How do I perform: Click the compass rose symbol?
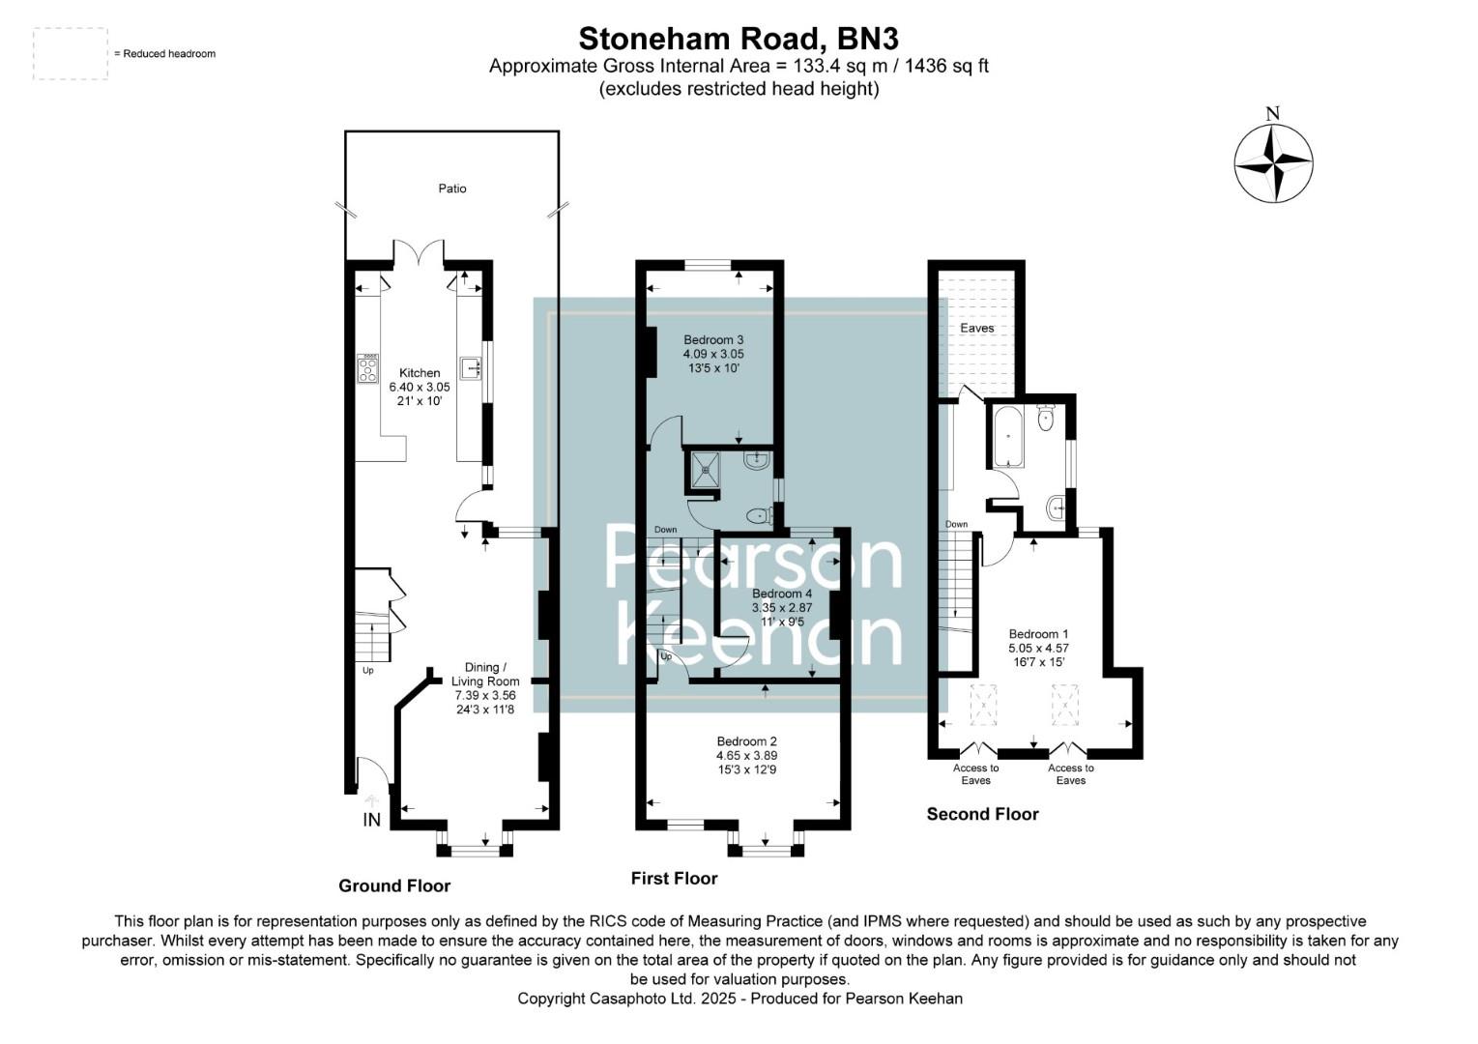(x=1273, y=163)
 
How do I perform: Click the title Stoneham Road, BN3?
(x=739, y=39)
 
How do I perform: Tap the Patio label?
(x=452, y=188)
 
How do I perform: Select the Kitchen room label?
(x=420, y=373)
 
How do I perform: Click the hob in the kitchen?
(x=368, y=368)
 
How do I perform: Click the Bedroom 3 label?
(x=713, y=340)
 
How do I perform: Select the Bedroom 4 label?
(x=782, y=594)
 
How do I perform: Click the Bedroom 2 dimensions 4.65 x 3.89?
(x=746, y=756)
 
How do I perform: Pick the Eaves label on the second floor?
(x=976, y=329)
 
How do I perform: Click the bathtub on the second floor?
(x=1006, y=436)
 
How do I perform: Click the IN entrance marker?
(x=371, y=820)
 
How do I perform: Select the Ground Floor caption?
(x=394, y=885)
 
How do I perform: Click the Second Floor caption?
(x=982, y=814)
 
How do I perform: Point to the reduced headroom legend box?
(x=71, y=53)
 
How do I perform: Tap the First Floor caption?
(x=674, y=879)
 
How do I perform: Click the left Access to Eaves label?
(x=975, y=774)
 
